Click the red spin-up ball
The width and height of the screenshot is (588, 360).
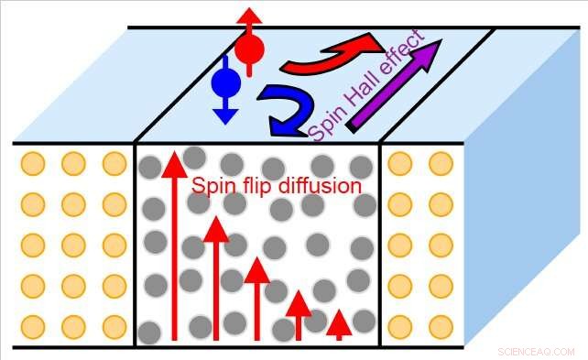249,48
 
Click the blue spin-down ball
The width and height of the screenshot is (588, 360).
225,83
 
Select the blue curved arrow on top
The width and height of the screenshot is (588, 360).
280,109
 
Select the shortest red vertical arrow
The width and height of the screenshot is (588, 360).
339,324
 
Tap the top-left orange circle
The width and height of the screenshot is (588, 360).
32,164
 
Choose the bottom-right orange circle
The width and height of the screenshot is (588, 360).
440,326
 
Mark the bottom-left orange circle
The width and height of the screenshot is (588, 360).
32,326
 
